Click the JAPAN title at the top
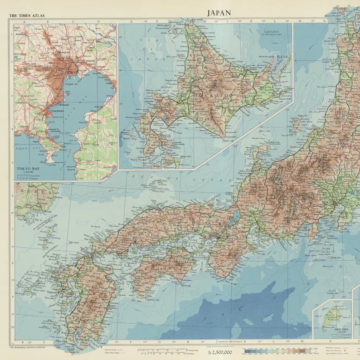(x=219, y=13)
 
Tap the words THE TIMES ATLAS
(x=27, y=15)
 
